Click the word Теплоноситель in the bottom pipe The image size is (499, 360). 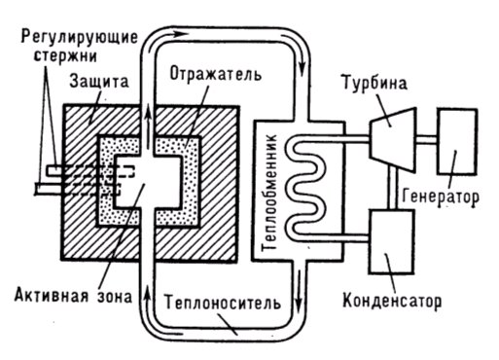(227, 301)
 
